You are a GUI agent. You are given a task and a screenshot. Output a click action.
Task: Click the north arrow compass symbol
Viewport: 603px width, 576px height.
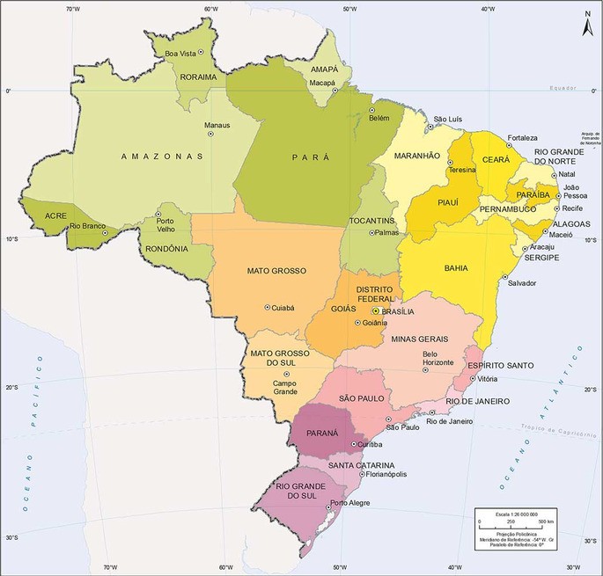tap(588, 26)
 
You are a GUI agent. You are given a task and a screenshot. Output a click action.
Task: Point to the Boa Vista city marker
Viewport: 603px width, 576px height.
tap(201, 53)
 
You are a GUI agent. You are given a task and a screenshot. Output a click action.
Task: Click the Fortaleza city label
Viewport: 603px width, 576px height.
tap(521, 138)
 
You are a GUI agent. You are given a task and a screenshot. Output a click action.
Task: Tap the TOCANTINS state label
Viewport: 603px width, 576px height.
tap(369, 219)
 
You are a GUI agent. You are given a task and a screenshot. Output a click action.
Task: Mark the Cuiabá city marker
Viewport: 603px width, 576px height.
tap(268, 307)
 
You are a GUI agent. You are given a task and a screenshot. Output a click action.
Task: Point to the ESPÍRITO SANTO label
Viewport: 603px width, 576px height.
tap(500, 365)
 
